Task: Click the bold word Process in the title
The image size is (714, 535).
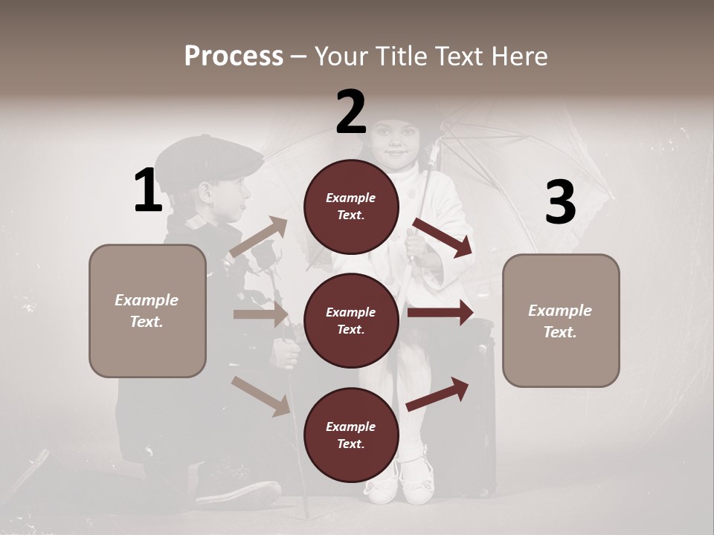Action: [x=234, y=56]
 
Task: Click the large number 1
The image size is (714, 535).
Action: [x=148, y=191]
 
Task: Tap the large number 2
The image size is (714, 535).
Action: [x=351, y=112]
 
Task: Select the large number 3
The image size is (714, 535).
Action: [x=560, y=203]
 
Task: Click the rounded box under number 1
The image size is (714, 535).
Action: [x=147, y=311]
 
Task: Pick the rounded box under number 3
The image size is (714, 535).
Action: [x=561, y=320]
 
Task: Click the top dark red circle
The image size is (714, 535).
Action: [x=351, y=207]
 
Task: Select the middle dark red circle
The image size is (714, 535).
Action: [x=351, y=320]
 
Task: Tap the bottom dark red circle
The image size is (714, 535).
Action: [x=351, y=435]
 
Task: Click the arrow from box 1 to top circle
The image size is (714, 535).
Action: [x=259, y=237]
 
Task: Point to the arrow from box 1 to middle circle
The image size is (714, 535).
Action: [x=260, y=314]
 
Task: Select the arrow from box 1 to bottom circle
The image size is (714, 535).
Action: [x=260, y=395]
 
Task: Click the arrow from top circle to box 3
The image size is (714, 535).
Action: [x=443, y=237]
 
